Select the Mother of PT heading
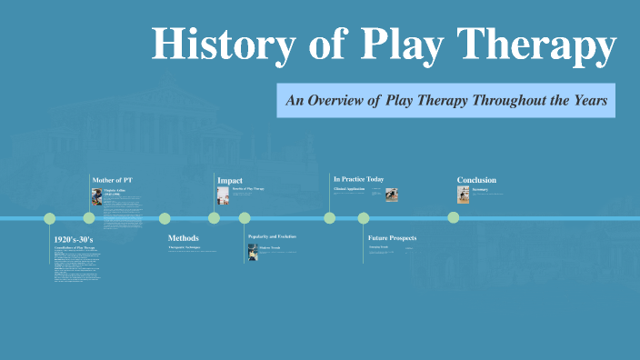point(112,180)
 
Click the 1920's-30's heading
point(74,239)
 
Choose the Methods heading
point(183,238)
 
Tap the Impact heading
point(230,180)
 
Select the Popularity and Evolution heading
point(272,236)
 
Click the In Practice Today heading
point(358,179)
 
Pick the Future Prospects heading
point(392,238)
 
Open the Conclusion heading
point(477,180)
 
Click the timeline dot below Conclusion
point(453,217)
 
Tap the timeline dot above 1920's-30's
point(50,218)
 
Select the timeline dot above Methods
point(165,218)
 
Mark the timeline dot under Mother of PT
point(89,218)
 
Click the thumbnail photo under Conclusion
point(463,194)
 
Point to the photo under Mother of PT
point(96,196)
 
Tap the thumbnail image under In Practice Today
point(391,194)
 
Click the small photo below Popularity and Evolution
point(253,252)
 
